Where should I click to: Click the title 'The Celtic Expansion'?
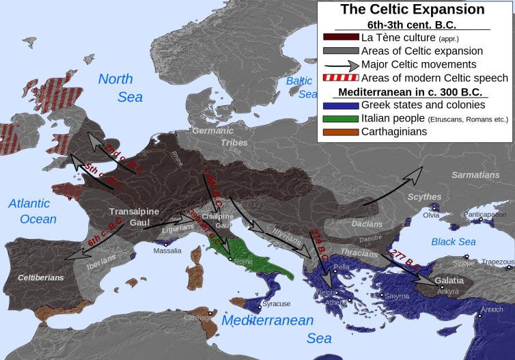pos(412,10)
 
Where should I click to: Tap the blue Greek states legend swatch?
pos(340,105)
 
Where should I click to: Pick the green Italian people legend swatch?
pos(340,119)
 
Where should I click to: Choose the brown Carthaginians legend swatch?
pos(340,132)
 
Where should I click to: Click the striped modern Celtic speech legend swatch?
pos(340,78)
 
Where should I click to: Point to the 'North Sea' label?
pos(121,87)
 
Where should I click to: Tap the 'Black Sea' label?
pos(454,242)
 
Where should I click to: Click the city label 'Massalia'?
pos(167,251)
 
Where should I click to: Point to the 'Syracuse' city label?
pos(277,303)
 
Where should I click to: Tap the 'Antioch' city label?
pos(492,309)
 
